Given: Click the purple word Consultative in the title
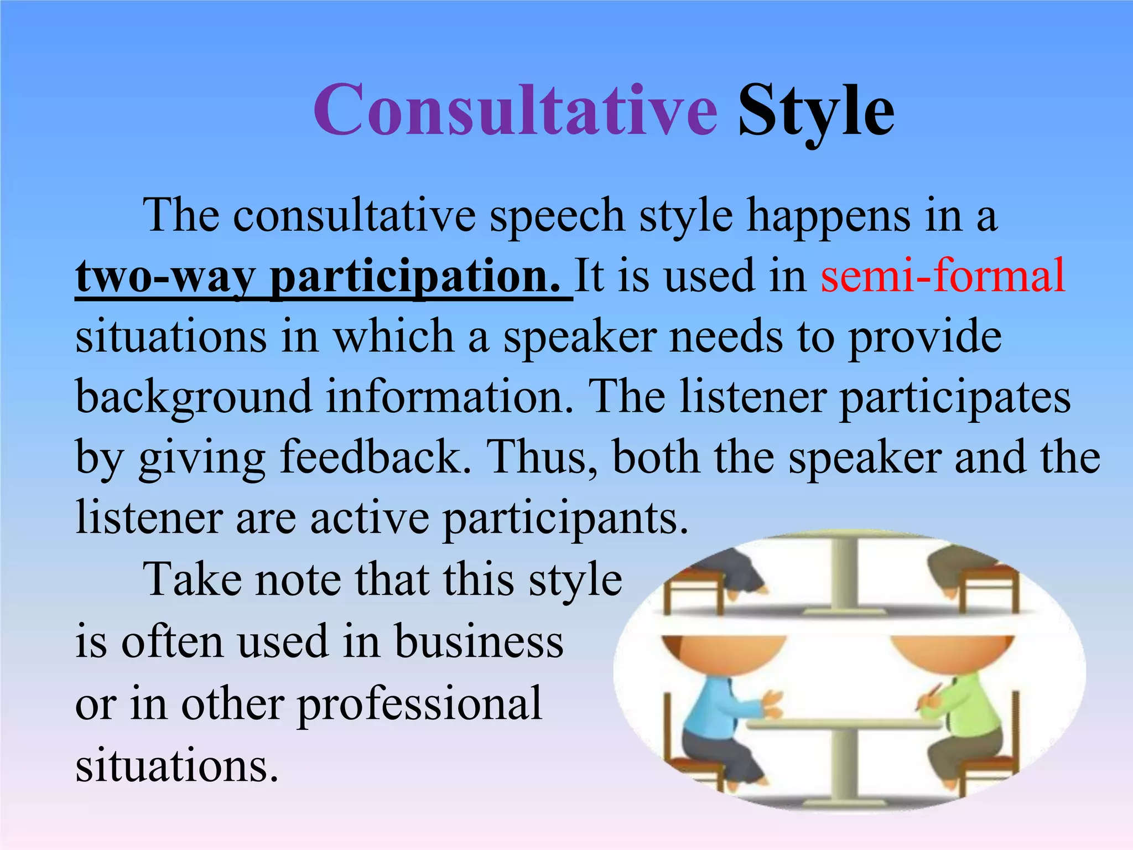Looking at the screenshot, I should tap(514, 111).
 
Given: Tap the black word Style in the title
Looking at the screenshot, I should tap(815, 113).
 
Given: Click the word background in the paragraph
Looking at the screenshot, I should tap(194, 397).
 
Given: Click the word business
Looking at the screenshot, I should tap(479, 642).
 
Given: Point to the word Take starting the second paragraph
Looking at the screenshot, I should tap(194, 580).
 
